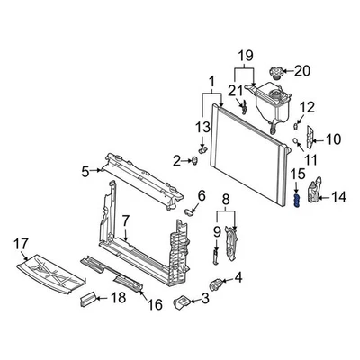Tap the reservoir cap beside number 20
click(275, 73)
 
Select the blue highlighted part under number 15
click(297, 201)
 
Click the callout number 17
click(22, 245)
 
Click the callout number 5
click(85, 172)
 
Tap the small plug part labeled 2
click(195, 161)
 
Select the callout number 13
click(202, 128)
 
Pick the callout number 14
click(338, 198)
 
